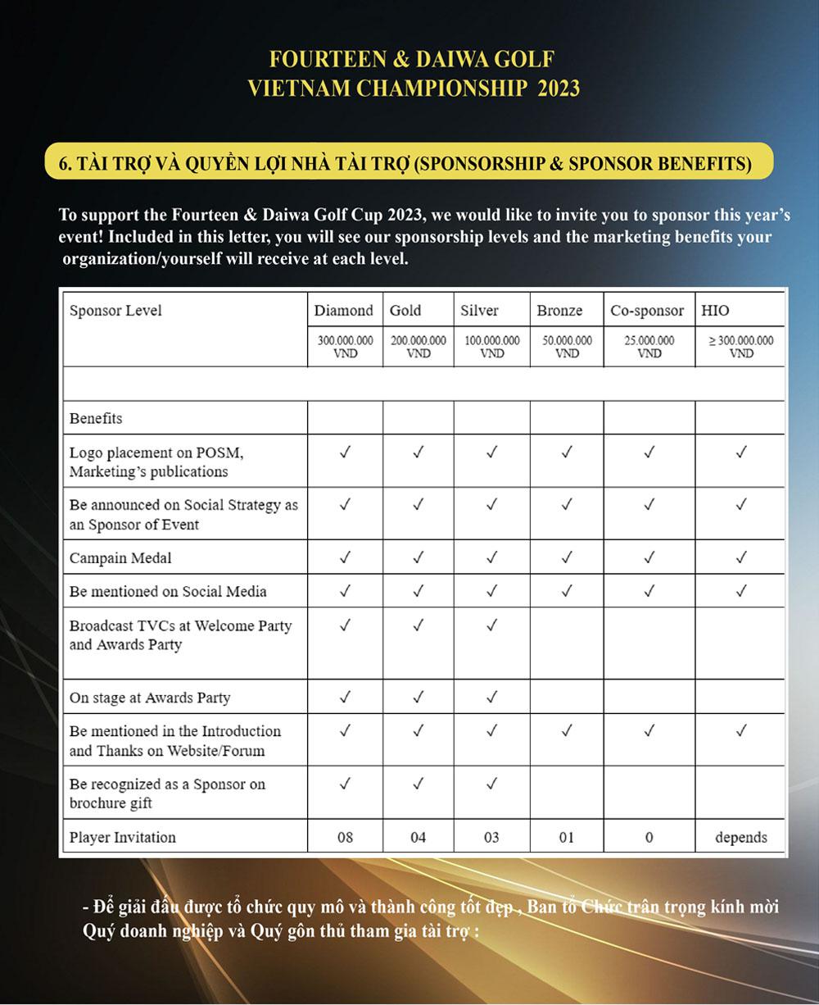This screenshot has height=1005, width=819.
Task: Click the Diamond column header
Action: (x=344, y=311)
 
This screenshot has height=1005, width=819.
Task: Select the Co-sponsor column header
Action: (x=647, y=311)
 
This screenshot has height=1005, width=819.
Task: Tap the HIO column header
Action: (x=715, y=311)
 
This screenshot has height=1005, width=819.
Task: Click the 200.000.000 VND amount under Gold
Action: (x=419, y=346)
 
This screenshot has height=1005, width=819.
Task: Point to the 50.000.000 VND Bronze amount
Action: (x=567, y=346)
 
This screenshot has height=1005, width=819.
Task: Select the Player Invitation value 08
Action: (x=345, y=837)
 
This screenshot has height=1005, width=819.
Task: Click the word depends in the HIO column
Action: (x=741, y=837)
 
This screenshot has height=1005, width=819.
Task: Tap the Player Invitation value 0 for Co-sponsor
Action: (x=649, y=837)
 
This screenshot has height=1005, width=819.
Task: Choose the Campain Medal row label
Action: (x=120, y=558)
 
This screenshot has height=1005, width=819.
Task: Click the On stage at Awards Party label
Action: (x=150, y=698)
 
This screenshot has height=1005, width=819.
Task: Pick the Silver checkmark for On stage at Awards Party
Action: (x=491, y=698)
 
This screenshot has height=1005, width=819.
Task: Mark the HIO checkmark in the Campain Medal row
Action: (x=741, y=558)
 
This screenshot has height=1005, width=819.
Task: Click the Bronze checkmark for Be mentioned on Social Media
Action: (x=567, y=591)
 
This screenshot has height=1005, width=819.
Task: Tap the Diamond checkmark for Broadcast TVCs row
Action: (x=345, y=625)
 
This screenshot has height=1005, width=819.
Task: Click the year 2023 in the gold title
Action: (x=559, y=88)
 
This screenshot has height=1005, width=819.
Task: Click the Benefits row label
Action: (x=96, y=418)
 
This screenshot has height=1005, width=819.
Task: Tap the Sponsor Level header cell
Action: (x=115, y=311)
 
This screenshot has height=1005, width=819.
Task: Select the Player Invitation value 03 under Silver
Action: (x=491, y=837)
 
